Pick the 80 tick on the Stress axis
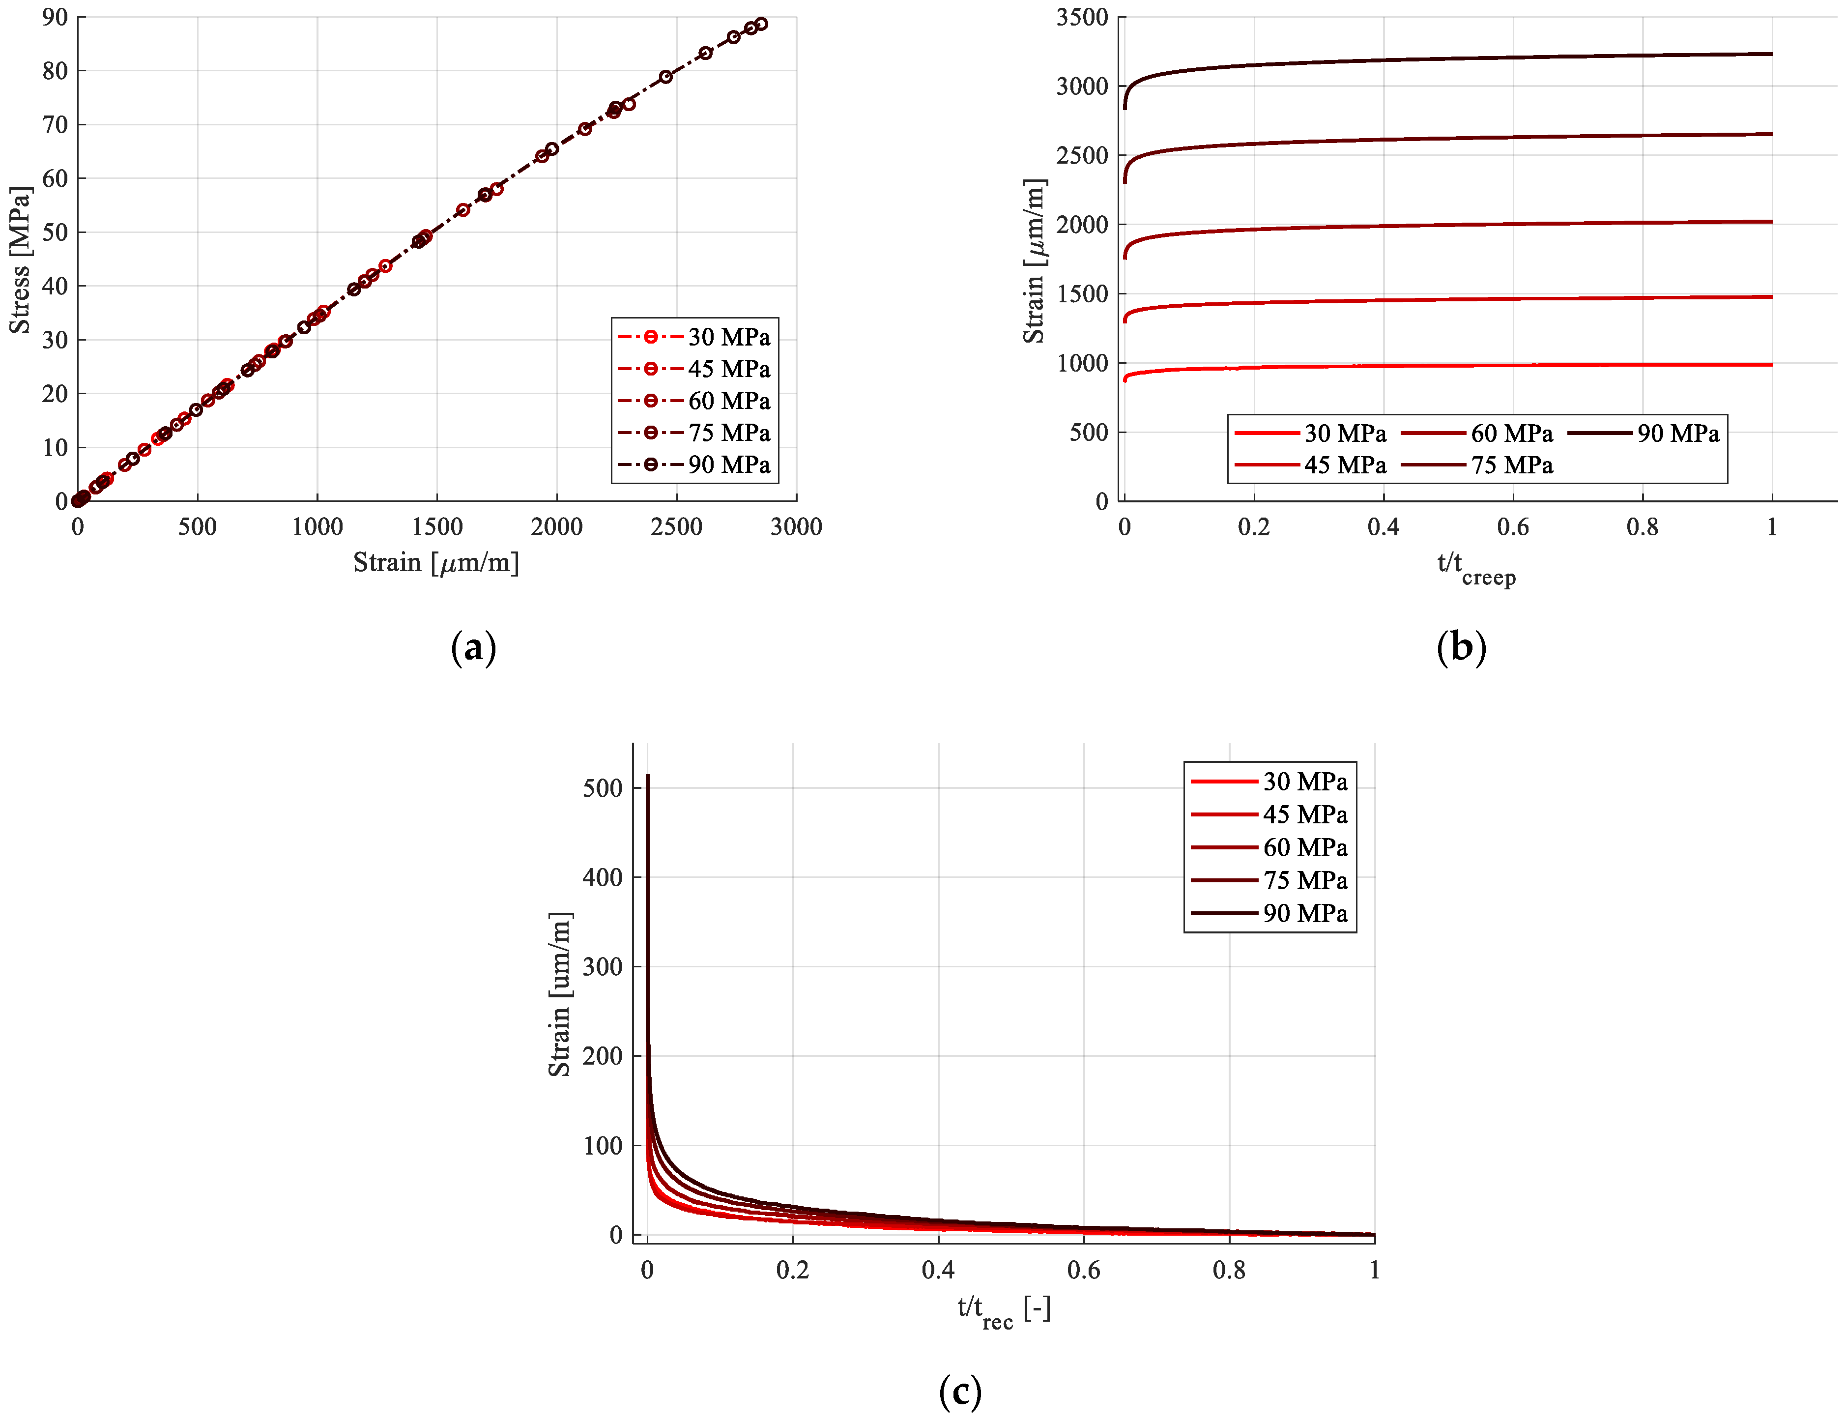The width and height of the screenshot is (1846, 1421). (x=55, y=71)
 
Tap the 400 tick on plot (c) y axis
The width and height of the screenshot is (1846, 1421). (x=602, y=877)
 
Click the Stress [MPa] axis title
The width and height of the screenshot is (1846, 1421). (x=20, y=260)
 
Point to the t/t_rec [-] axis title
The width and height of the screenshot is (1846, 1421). (x=1003, y=1311)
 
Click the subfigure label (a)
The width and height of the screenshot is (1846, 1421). (x=473, y=648)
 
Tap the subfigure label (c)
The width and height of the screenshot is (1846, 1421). (x=960, y=1392)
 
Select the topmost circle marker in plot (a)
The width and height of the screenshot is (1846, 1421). (x=761, y=24)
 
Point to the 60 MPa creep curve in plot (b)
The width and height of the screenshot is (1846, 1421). (x=1437, y=225)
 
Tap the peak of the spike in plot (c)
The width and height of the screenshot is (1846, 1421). (x=647, y=775)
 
